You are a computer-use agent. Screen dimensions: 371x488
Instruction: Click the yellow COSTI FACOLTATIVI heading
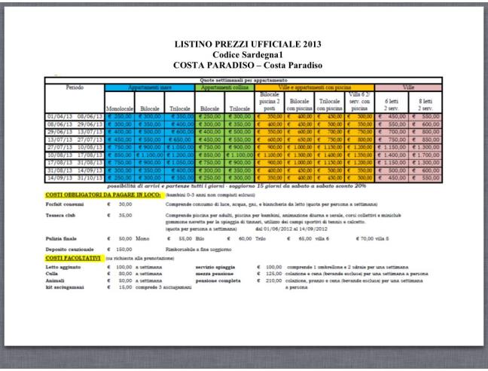(78, 258)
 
